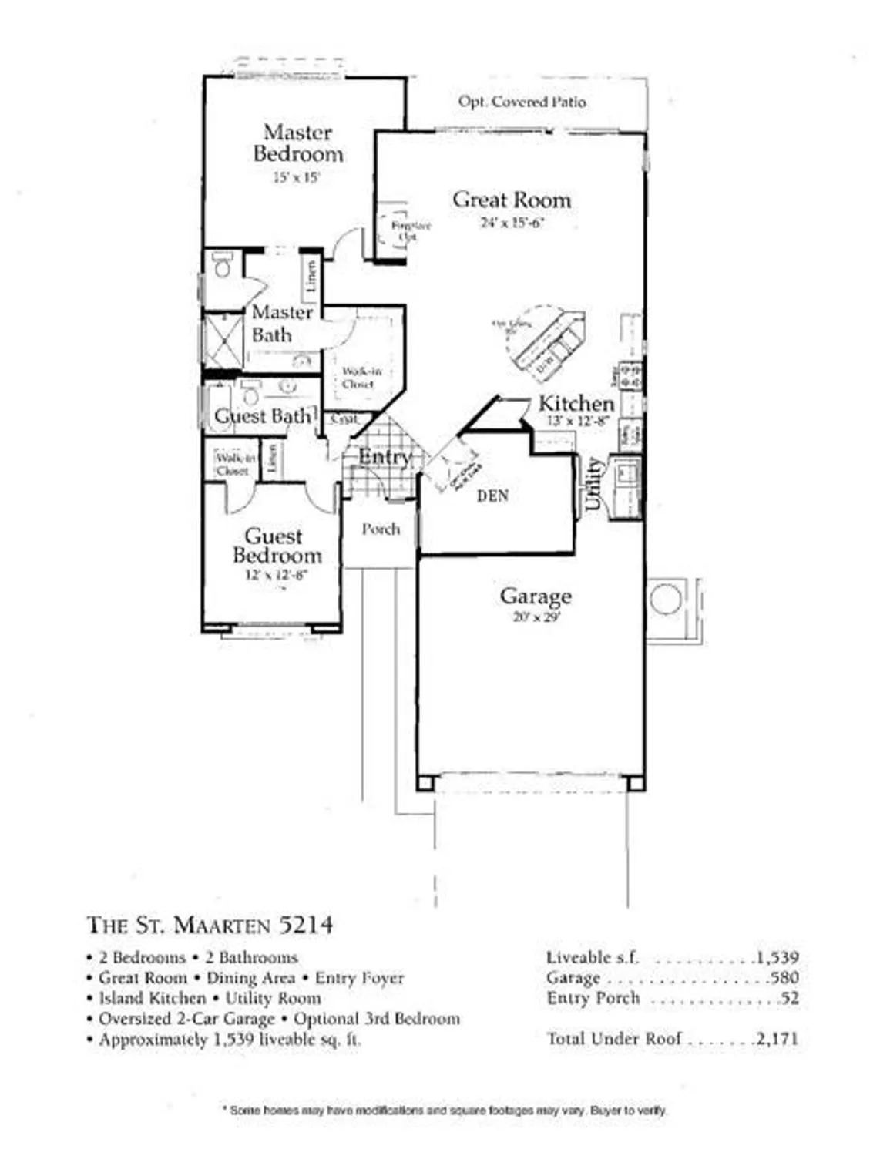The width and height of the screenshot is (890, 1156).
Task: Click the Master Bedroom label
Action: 297,143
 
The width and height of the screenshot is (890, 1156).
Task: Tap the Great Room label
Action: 512,200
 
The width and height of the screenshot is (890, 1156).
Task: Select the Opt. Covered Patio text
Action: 522,102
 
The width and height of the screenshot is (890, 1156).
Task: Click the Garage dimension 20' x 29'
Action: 536,617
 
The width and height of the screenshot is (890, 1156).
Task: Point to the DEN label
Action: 492,496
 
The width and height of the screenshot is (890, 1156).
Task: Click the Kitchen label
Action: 576,403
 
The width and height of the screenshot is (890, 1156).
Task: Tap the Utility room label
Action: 593,484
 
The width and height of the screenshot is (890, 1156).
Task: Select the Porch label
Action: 381,529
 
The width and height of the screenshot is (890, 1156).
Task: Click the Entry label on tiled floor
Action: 384,457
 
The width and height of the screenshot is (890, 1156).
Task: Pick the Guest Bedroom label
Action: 277,546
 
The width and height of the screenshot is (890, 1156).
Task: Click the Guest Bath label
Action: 263,416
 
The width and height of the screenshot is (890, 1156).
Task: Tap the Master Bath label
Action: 281,324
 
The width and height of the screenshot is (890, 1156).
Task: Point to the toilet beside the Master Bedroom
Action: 223,265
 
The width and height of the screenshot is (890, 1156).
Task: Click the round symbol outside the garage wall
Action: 665,599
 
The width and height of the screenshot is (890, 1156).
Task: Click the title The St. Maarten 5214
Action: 210,924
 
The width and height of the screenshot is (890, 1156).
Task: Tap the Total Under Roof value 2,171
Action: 777,1039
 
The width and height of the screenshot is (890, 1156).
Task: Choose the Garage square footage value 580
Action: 784,978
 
